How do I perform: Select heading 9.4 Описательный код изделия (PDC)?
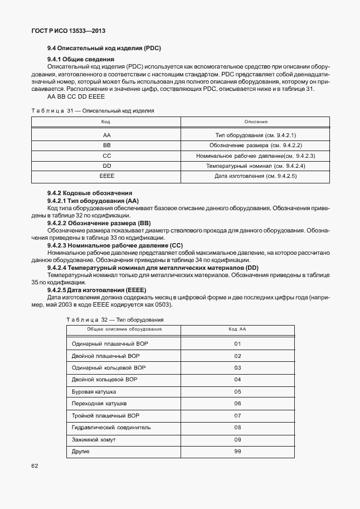point(104,47)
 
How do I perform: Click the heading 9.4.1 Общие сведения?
point(81,59)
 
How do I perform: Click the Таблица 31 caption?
point(93,110)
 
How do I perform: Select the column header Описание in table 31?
point(256,122)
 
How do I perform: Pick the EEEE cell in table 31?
point(106,176)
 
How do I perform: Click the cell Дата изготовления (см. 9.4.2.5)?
point(256,176)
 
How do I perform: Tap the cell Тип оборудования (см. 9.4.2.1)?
point(256,135)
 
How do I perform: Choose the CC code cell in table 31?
point(106,156)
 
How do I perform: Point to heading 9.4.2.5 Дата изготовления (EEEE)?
point(96,290)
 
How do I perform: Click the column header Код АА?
point(237,330)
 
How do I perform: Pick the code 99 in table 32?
point(237,451)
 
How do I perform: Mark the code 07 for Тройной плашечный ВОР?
point(237,415)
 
